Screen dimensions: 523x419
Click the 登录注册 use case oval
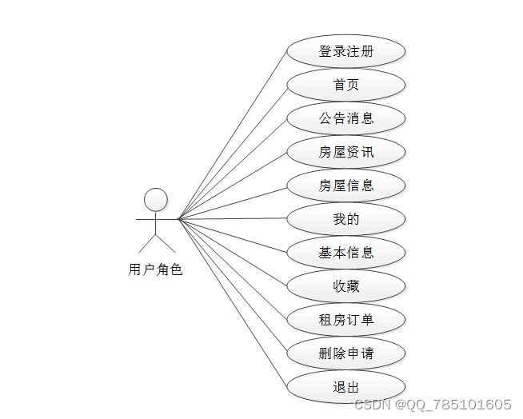coord(346,51)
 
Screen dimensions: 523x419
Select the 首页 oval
coord(346,85)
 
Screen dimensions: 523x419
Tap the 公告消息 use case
coord(346,118)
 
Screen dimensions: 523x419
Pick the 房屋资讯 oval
coord(346,152)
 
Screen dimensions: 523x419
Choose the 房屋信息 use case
coord(346,186)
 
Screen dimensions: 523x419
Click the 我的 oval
coord(346,219)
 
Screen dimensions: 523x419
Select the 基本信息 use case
coord(346,253)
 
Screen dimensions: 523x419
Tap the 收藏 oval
coord(346,286)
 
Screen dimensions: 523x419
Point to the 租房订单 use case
coord(346,320)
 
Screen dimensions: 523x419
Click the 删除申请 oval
coord(346,353)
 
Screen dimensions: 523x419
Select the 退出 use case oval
coord(346,387)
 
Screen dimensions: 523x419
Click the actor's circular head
coord(155,200)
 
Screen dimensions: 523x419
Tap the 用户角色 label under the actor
coord(155,270)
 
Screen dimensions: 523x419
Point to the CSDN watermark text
coord(433,405)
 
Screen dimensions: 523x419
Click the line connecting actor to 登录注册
coord(232,135)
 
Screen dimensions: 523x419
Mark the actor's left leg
coord(147,243)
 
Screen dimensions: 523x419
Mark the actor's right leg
coord(165,243)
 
